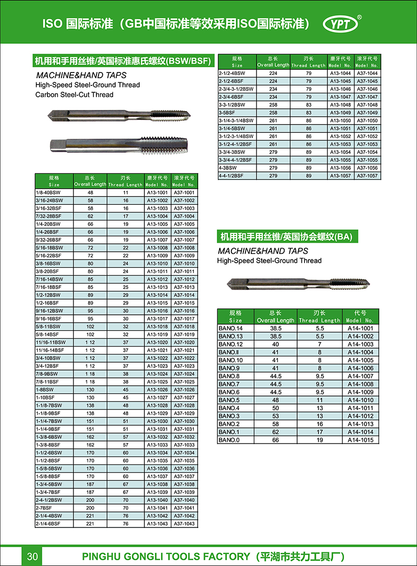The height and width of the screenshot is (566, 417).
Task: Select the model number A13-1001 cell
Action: click(157, 192)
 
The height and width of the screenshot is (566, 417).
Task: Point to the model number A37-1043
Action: click(184, 523)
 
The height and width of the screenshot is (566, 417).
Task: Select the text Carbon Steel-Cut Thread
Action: click(74, 94)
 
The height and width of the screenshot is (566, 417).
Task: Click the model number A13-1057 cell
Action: click(341, 176)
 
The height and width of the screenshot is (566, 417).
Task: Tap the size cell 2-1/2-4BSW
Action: click(232, 73)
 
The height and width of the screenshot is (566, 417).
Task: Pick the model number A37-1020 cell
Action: click(184, 342)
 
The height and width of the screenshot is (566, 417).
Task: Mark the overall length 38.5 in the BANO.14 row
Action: click(276, 328)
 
